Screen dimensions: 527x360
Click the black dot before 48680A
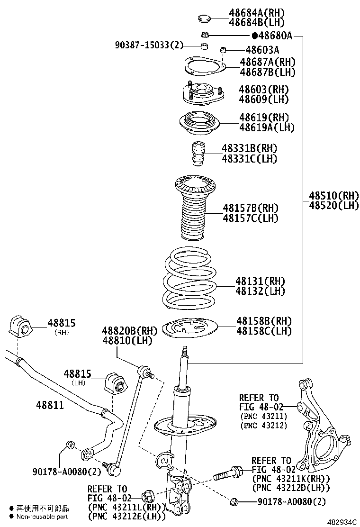(254, 36)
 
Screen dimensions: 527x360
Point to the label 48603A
(262, 50)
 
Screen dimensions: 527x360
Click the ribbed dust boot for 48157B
(195, 209)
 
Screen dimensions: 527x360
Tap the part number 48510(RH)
(334, 195)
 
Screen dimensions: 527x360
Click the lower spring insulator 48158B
(190, 329)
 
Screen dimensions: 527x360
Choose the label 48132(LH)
(260, 291)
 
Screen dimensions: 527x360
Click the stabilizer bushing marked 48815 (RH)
(20, 326)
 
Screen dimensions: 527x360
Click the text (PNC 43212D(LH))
(291, 488)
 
